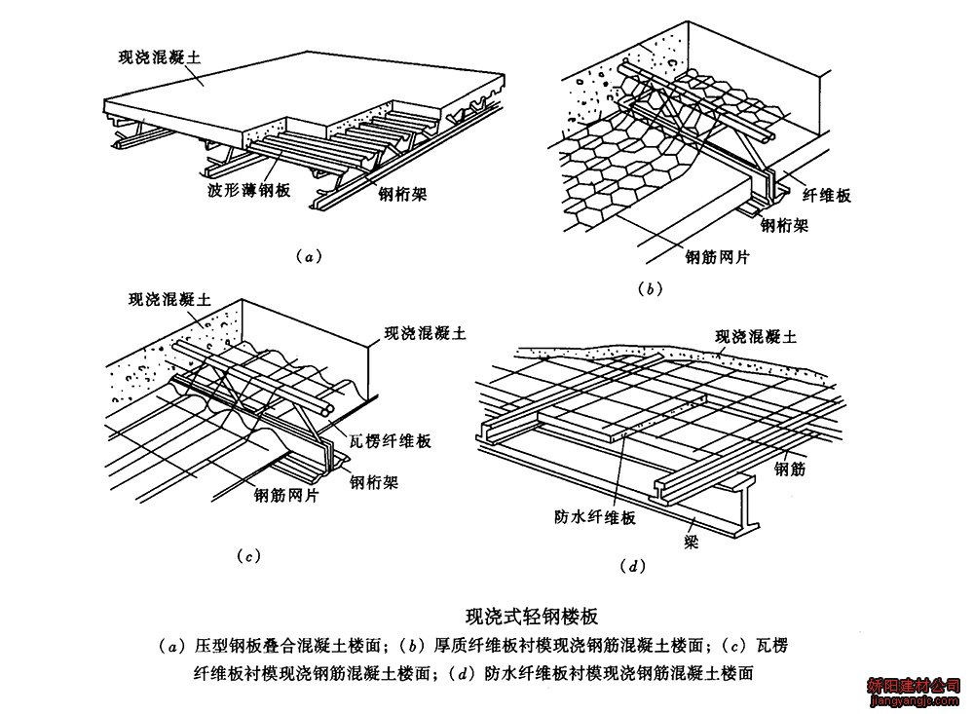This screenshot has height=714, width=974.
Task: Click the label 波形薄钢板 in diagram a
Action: [248, 190]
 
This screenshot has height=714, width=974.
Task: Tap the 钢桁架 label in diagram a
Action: [402, 194]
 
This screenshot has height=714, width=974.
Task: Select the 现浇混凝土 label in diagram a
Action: [160, 57]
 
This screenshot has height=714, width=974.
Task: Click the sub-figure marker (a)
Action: [309, 256]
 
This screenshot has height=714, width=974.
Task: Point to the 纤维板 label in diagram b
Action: [826, 195]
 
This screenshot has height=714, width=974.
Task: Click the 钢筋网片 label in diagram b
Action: [718, 256]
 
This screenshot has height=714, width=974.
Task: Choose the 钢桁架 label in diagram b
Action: [784, 225]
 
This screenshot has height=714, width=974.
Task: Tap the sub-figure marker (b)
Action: [650, 288]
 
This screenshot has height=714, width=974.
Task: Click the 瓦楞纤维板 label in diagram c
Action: [390, 441]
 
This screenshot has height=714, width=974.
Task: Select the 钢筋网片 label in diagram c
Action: [286, 495]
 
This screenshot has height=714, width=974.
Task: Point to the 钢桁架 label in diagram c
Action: [373, 481]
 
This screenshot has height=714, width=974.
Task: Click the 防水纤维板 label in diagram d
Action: [594, 517]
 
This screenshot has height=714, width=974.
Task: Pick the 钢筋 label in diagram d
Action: [790, 469]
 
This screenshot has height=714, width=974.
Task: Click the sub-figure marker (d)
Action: [632, 566]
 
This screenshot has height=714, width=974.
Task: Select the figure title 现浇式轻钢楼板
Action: [532, 616]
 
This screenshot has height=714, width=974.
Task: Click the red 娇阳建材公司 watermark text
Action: [914, 686]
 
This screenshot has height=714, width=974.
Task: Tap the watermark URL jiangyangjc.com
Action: [915, 701]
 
